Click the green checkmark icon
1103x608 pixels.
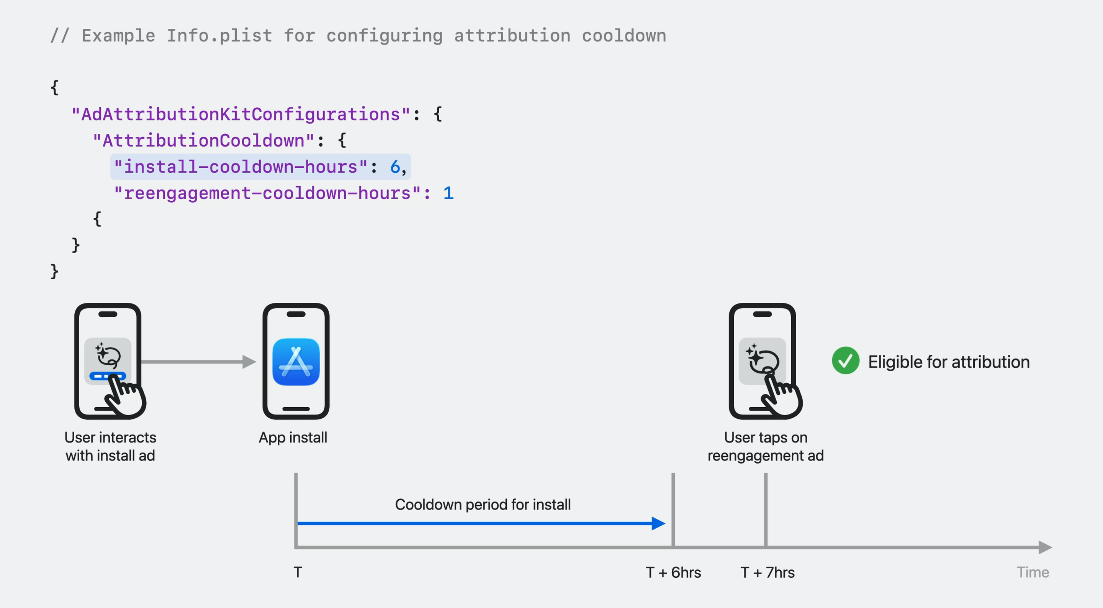click(x=845, y=361)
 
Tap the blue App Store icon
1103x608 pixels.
click(x=296, y=362)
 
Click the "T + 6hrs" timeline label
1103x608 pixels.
click(x=673, y=572)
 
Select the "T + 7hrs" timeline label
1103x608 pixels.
click(x=767, y=572)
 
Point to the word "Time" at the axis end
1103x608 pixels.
click(x=1033, y=572)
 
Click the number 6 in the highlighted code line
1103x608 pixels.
click(x=395, y=167)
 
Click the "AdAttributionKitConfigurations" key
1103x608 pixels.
click(x=241, y=115)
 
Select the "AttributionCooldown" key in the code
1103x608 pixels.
click(x=203, y=141)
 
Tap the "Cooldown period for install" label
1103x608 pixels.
click(x=483, y=504)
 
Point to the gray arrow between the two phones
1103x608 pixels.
click(x=199, y=362)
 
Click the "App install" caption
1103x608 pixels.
click(x=293, y=438)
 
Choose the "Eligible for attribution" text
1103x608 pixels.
click(x=949, y=362)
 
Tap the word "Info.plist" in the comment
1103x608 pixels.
click(x=219, y=36)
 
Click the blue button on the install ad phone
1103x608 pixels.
click(x=108, y=376)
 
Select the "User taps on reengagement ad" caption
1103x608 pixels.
click(x=766, y=446)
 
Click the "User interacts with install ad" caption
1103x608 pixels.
click(x=110, y=446)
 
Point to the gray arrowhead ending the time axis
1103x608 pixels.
click(x=1045, y=547)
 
